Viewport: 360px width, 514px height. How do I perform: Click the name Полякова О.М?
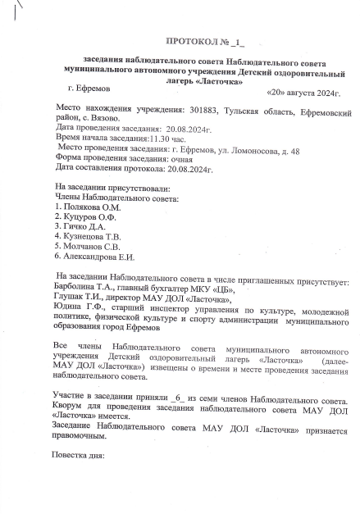click(x=91, y=208)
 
